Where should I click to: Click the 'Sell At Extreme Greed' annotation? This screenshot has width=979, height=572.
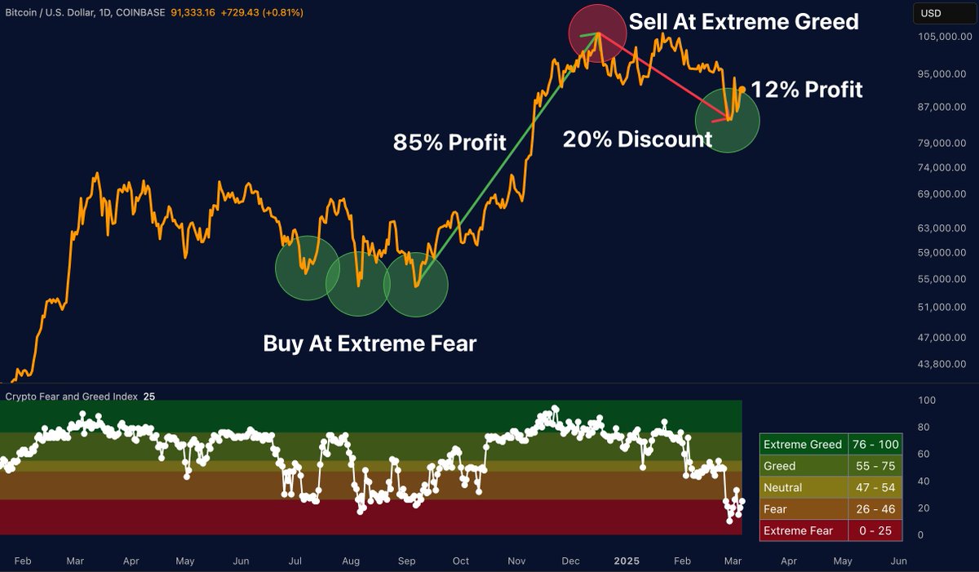(x=744, y=21)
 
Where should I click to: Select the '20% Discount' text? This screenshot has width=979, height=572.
(x=637, y=140)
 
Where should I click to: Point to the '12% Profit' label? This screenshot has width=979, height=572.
(x=806, y=89)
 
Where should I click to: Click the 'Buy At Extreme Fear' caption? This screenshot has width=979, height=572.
(x=369, y=344)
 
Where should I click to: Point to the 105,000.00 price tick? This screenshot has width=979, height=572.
(x=937, y=38)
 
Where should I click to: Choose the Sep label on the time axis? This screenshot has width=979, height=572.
(x=407, y=561)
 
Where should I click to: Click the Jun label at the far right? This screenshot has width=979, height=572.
(x=898, y=561)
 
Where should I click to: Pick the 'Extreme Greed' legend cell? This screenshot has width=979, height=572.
(x=802, y=445)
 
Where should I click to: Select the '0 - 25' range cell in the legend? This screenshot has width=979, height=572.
(x=875, y=531)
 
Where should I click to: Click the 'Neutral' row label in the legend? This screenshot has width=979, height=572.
(x=782, y=488)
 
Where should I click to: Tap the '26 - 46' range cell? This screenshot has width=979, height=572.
(x=875, y=509)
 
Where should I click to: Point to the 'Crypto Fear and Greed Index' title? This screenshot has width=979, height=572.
(x=72, y=397)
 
